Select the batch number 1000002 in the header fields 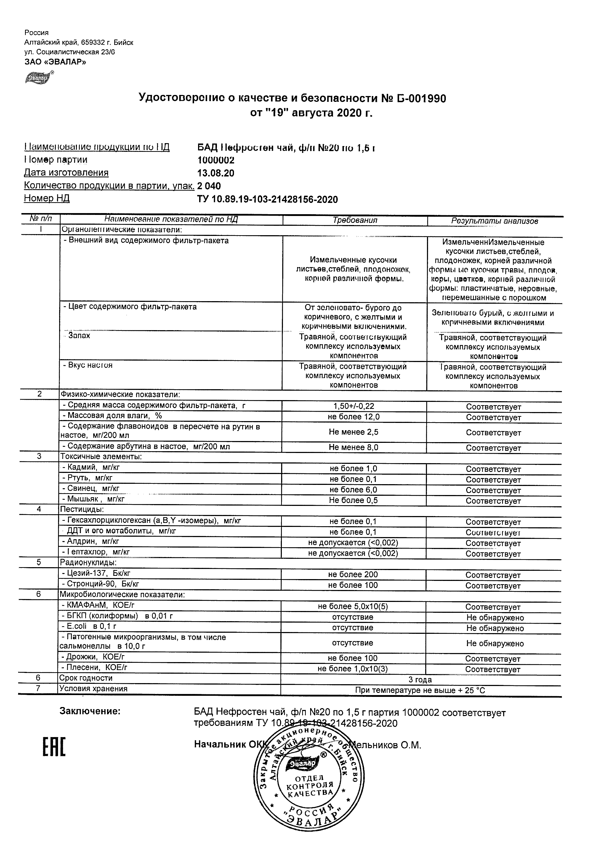coord(216,160)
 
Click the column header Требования coord(354,220)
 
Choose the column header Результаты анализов coord(494,221)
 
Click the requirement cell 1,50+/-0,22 coord(354,406)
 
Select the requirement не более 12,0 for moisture coord(354,417)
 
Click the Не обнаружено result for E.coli coord(495,628)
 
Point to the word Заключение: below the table coord(90,711)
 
